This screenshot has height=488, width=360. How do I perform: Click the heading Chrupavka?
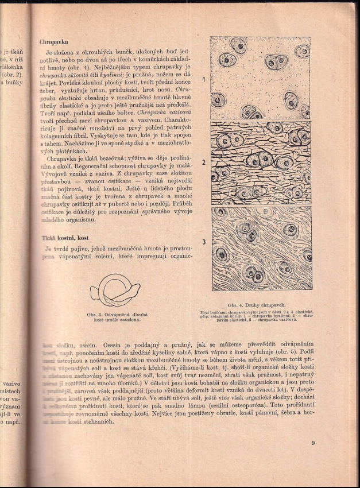pyautogui.click(x=53, y=42)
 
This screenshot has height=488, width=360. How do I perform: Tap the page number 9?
pyautogui.click(x=313, y=443)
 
